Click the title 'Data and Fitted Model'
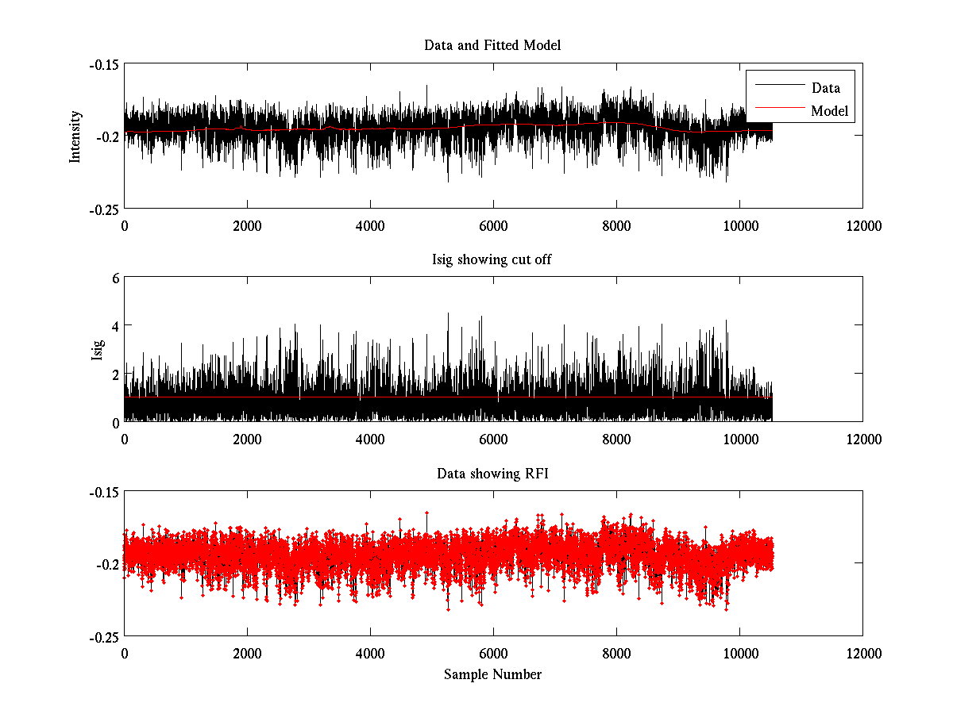[492, 45]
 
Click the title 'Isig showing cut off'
[492, 259]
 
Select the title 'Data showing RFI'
[492, 474]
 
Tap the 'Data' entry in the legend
[825, 88]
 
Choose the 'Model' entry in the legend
[829, 111]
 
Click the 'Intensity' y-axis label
[75, 136]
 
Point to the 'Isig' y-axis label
[98, 350]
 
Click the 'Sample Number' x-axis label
[492, 674]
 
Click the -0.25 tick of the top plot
[103, 209]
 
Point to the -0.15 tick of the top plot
[103, 65]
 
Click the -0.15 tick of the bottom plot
[103, 493]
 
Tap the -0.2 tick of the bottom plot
[107, 565]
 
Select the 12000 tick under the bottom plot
[862, 653]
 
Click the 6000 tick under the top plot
[493, 225]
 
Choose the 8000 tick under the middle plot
[616, 439]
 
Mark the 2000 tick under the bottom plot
[247, 653]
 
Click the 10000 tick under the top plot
[739, 225]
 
